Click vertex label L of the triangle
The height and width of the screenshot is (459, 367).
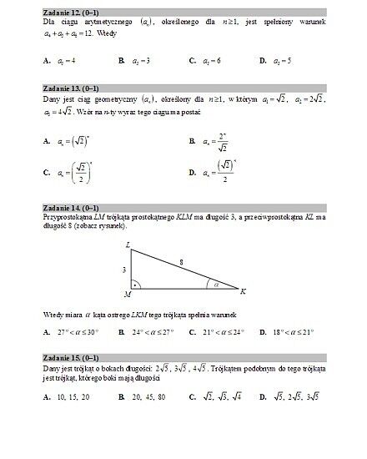tap(128, 245)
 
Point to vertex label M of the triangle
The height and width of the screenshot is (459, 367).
tap(127, 294)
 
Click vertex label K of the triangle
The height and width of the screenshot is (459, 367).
tap(243, 292)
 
